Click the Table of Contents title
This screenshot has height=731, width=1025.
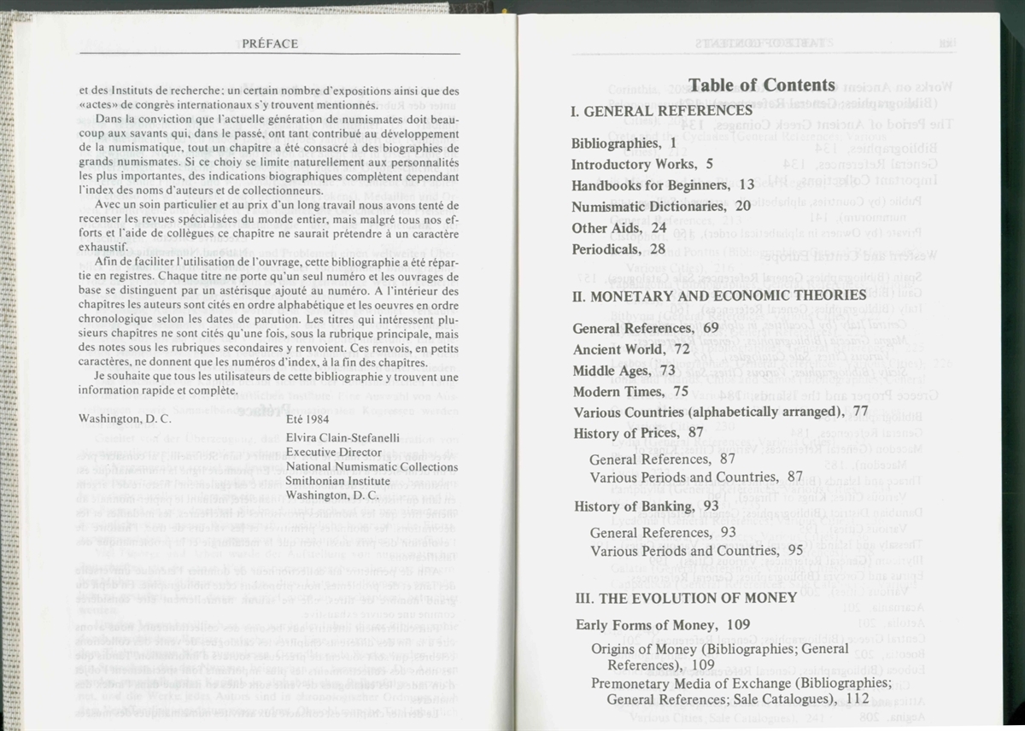click(761, 85)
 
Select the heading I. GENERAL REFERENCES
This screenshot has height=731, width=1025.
click(661, 110)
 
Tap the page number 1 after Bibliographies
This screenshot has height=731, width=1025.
click(674, 143)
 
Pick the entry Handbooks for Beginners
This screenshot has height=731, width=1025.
click(651, 184)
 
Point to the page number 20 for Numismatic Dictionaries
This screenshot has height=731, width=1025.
click(742, 206)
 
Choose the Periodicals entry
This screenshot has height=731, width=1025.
click(605, 249)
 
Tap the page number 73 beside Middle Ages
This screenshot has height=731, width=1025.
click(667, 370)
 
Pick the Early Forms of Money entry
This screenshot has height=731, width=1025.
click(631, 625)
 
